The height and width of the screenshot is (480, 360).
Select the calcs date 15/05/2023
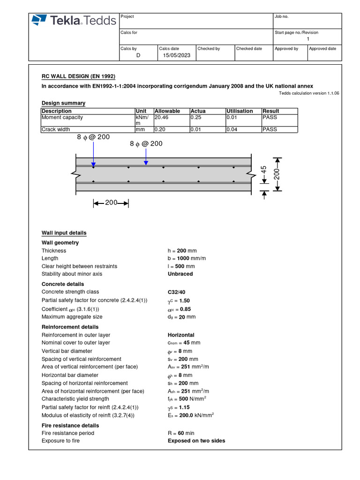coord(177,55)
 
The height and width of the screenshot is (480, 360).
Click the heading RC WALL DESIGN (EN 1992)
coord(78,76)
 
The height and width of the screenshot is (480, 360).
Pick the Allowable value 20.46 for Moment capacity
coord(162,118)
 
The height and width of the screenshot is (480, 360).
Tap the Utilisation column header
coord(240,111)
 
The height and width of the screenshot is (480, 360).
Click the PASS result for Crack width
coord(270,129)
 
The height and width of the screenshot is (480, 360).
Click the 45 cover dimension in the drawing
coord(263,171)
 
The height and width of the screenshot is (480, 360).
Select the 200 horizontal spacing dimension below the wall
coord(111,203)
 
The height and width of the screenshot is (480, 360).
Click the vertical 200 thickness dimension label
coord(277,174)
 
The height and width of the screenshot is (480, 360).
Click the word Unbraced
coord(180,274)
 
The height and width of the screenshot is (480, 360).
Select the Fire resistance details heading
coord(70,426)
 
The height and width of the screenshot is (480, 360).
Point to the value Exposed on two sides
coord(196,441)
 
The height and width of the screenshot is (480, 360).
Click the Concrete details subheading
coord(63,284)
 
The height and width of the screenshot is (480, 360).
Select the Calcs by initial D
coord(138,55)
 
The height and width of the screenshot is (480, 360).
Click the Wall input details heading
coord(64,233)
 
